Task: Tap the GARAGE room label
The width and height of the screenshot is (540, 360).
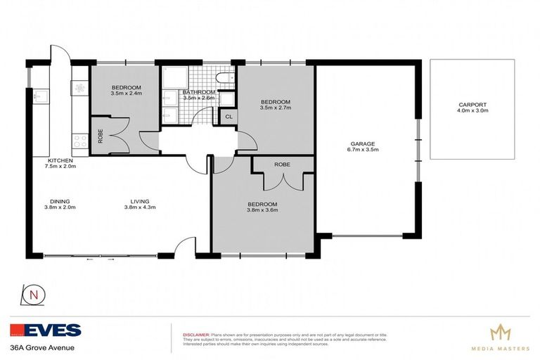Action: (x=362, y=143)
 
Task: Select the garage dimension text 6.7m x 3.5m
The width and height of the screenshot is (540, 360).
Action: (x=362, y=150)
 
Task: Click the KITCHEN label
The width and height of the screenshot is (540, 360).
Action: (x=59, y=160)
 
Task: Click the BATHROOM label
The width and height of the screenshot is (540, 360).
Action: (x=199, y=92)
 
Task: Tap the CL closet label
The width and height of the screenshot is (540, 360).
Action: (x=229, y=117)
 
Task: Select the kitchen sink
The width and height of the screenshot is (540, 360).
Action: (x=39, y=94)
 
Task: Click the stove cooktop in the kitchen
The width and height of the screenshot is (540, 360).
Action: (x=79, y=140)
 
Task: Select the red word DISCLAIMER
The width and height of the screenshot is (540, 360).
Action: (x=195, y=335)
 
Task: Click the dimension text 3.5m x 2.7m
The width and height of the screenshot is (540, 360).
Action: (x=275, y=108)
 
